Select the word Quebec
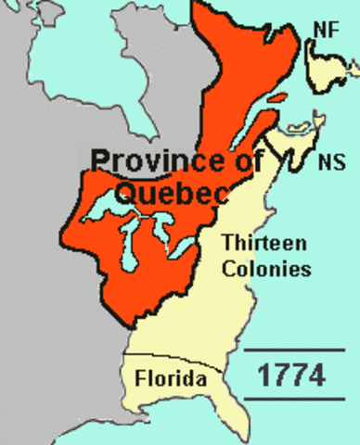(x=165, y=192)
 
